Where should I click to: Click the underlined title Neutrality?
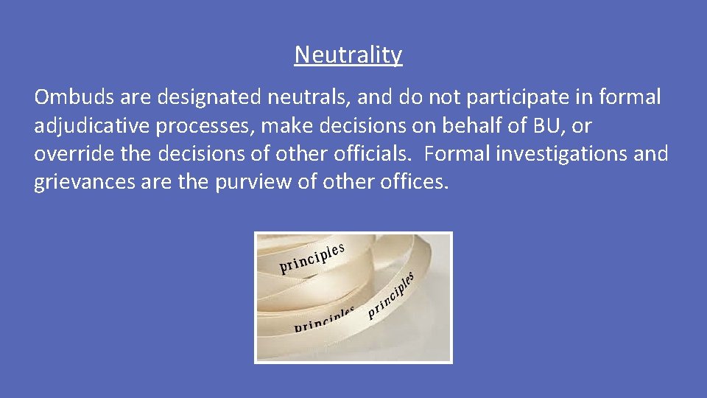[x=348, y=55]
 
